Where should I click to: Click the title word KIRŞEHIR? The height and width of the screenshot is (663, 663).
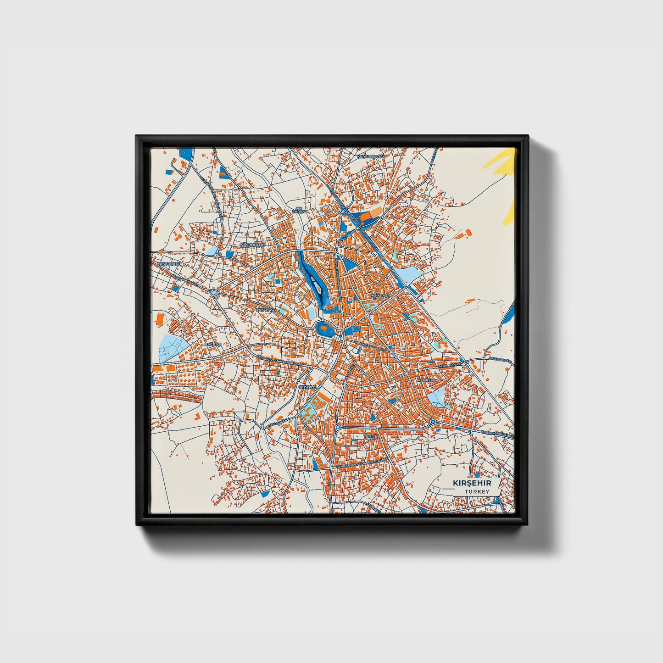coord(472,483)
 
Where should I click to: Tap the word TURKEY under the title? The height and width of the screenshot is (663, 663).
coord(477,492)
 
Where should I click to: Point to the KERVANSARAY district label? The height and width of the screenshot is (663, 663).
coord(370,156)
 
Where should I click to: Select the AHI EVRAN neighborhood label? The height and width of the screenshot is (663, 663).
coord(299,210)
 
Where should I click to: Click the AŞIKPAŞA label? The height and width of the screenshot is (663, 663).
coord(381,296)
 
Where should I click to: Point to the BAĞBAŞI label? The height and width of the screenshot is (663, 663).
coord(213,344)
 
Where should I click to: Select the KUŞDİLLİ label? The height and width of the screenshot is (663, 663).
coord(308,387)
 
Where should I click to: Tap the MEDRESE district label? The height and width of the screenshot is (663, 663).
coord(425,380)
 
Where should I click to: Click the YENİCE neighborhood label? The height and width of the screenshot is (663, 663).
coord(370,436)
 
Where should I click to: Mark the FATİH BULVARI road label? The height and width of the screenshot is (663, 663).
coord(449,366)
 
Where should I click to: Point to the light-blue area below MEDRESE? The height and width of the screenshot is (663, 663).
coord(436,397)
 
